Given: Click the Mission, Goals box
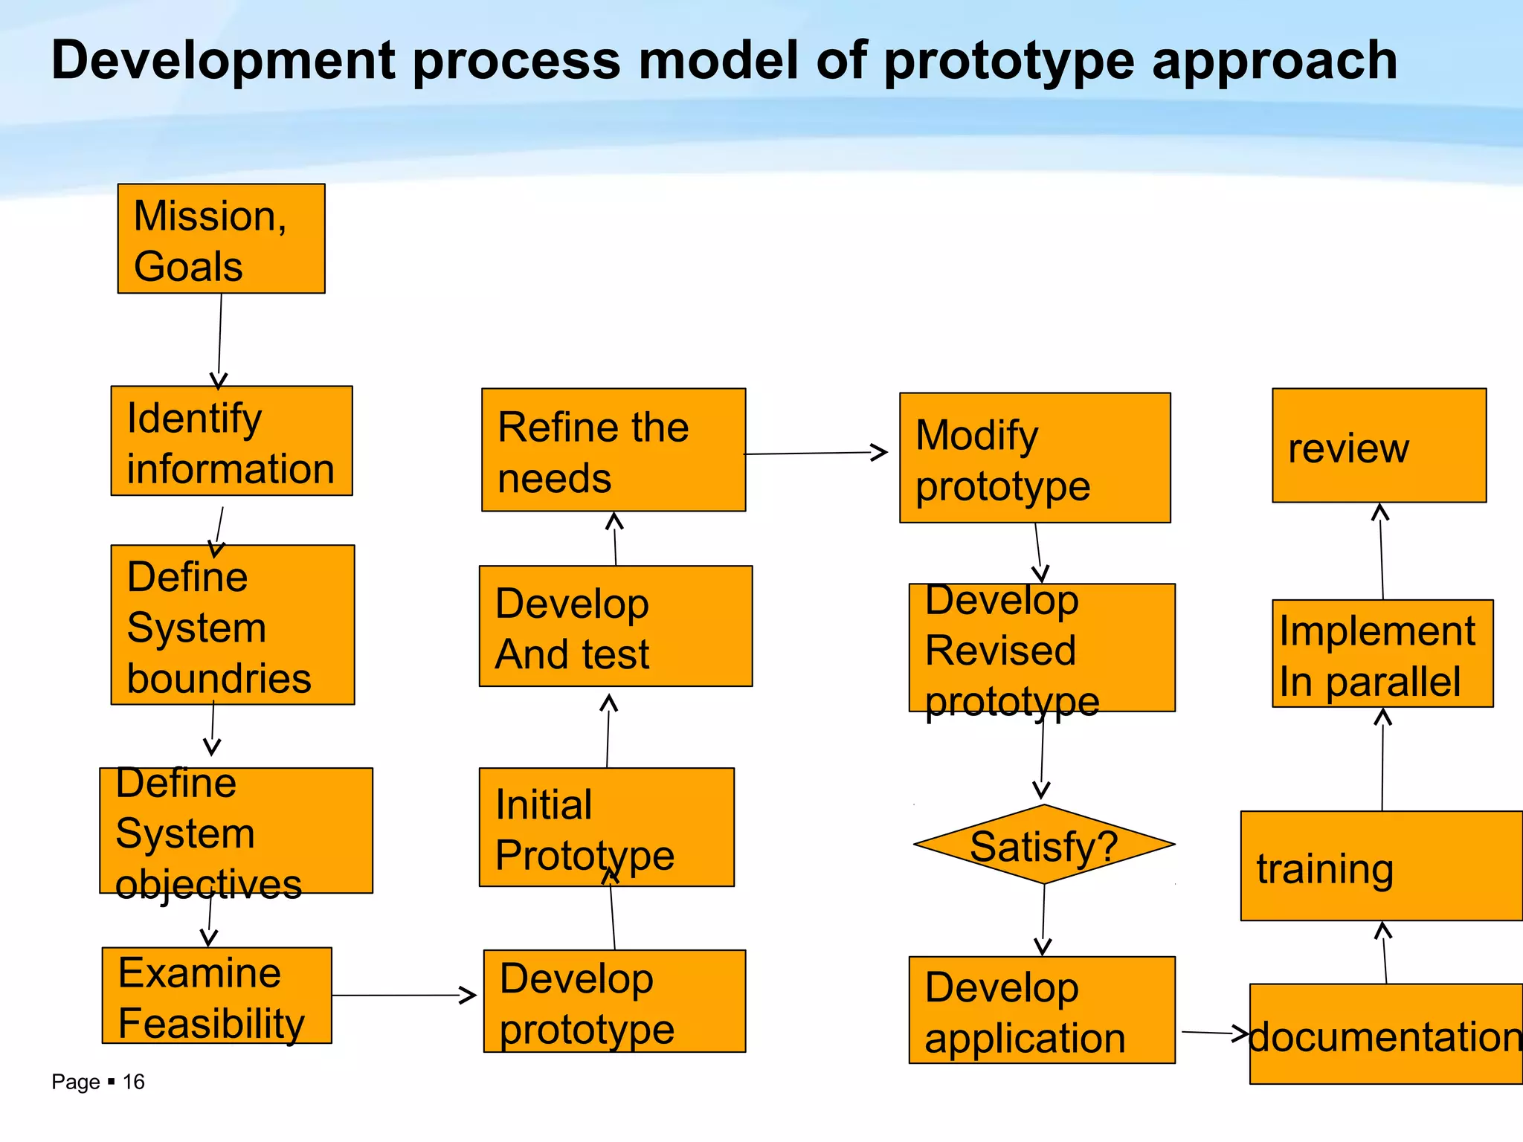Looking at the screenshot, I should pyautogui.click(x=221, y=239).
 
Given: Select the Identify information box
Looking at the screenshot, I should pyautogui.click(x=231, y=441).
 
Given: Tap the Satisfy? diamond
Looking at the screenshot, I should pyautogui.click(x=1043, y=845).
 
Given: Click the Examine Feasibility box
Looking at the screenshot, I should pyautogui.click(x=216, y=996).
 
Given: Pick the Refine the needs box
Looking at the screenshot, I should pyautogui.click(x=614, y=450).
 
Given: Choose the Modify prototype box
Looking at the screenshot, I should pyautogui.click(x=1034, y=458).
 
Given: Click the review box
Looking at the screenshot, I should pyautogui.click(x=1379, y=445).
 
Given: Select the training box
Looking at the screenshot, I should pyautogui.click(x=1381, y=866).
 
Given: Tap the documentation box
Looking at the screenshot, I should pyautogui.click(x=1386, y=1034).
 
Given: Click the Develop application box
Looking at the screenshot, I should pyautogui.click(x=1042, y=1010).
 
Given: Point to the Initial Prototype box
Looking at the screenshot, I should pyautogui.click(x=606, y=828).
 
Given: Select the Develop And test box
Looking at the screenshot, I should pyautogui.click(x=616, y=626).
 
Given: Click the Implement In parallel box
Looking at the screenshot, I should pyautogui.click(x=1382, y=654).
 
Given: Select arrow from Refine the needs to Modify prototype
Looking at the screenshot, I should pyautogui.click(x=815, y=453).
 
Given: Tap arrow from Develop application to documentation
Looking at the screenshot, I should pyautogui.click(x=1212, y=1033).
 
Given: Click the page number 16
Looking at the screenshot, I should pyautogui.click(x=133, y=1082).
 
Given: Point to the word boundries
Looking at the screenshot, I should pyautogui.click(x=219, y=678).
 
